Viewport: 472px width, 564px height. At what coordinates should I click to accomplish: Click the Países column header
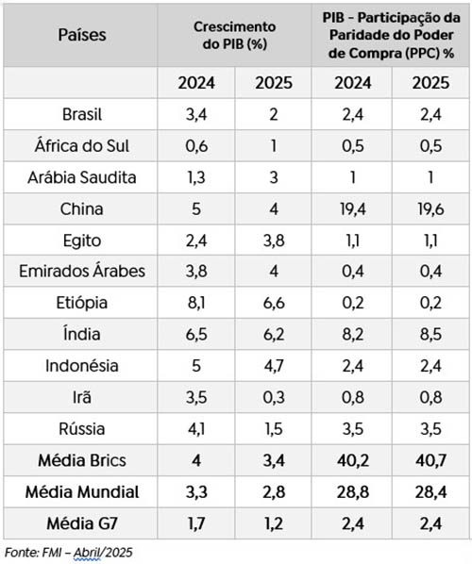tap(82, 36)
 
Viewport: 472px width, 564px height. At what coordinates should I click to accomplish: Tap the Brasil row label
tap(81, 116)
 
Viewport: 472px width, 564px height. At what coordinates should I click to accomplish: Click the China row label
tap(81, 208)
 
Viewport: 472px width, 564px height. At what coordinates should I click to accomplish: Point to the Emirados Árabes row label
tap(82, 272)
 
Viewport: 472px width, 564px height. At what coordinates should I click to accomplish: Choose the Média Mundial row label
tap(82, 491)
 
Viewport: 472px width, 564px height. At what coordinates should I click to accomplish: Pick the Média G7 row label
tap(82, 523)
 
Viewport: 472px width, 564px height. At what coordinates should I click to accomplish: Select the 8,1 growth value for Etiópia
tap(196, 303)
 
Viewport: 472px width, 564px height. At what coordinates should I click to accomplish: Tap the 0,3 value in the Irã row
tap(275, 397)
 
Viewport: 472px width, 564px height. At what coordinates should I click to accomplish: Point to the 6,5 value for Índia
tap(196, 334)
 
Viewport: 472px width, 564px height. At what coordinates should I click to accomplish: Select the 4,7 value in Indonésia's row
tap(275, 366)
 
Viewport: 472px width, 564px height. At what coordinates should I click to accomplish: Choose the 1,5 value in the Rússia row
tap(275, 428)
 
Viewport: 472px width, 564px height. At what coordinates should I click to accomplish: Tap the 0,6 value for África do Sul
tap(196, 147)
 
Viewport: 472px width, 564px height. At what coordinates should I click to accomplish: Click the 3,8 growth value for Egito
tap(275, 241)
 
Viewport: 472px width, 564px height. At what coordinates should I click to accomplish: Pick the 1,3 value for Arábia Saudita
tap(196, 178)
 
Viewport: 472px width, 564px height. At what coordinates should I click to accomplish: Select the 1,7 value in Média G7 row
tap(196, 523)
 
